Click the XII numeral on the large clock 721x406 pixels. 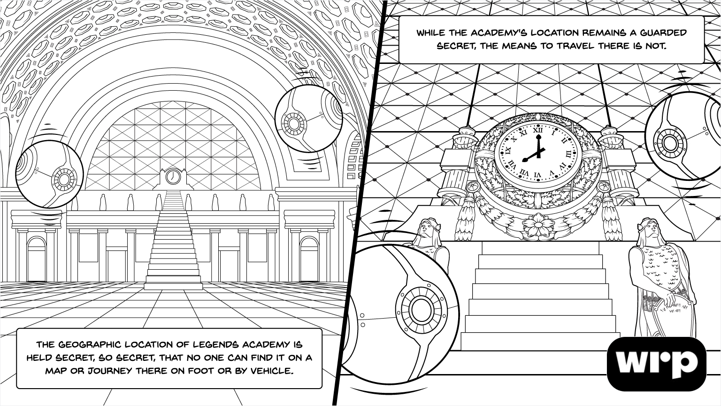[539, 127]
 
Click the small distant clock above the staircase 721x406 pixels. [173, 176]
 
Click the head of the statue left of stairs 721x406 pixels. [425, 227]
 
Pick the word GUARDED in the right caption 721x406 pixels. [662, 33]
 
